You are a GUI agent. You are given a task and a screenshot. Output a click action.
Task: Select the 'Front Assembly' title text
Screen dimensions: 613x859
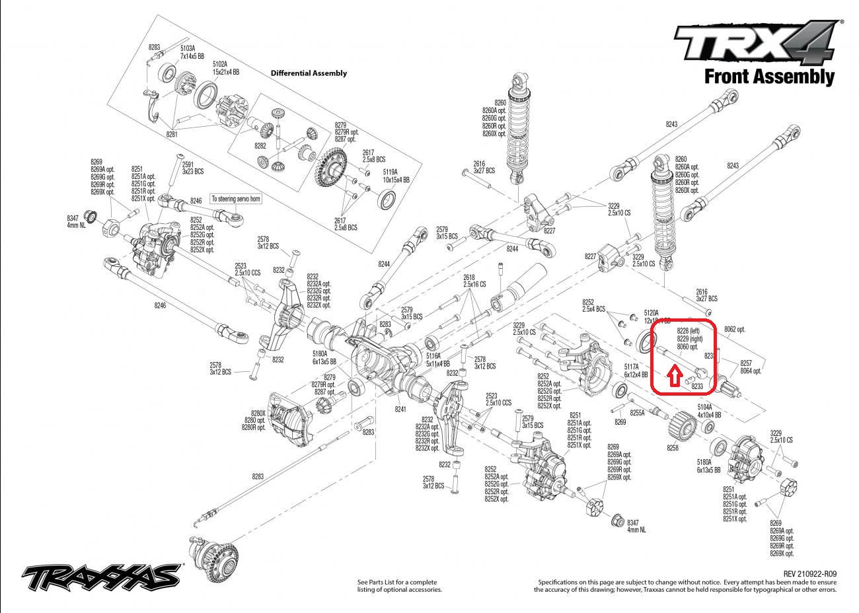(x=768, y=77)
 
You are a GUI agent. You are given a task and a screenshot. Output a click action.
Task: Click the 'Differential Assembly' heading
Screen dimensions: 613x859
(x=309, y=73)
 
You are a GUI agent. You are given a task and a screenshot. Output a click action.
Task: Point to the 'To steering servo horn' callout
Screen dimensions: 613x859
(x=235, y=198)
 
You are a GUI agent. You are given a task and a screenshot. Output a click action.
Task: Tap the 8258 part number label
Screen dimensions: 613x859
(x=672, y=448)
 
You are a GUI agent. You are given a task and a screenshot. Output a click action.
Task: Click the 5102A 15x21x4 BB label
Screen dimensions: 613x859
(x=225, y=67)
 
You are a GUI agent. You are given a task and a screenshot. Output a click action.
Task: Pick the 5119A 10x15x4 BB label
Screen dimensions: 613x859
(x=396, y=176)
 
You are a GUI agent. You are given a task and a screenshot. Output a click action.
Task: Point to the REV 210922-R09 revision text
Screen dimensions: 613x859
(x=809, y=574)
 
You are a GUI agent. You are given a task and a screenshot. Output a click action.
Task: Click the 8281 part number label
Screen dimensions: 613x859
(x=172, y=134)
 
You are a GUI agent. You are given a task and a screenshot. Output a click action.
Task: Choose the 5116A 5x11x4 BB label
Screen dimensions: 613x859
(x=438, y=359)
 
